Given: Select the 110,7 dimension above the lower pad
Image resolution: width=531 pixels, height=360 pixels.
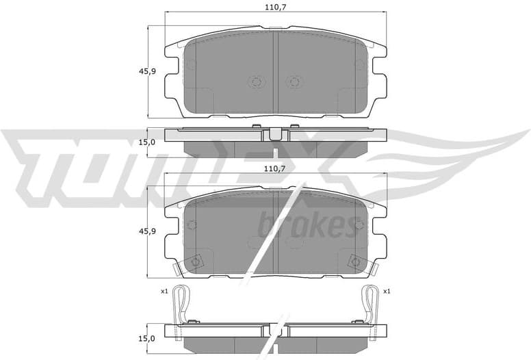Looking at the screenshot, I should coord(274,168).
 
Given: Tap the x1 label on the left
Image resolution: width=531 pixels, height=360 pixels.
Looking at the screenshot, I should coord(164,292).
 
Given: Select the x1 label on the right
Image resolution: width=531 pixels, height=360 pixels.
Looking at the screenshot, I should coord(387,292).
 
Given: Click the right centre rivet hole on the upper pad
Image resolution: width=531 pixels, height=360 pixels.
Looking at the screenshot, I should coord(294,82).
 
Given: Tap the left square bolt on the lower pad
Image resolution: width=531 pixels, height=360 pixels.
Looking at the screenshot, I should coord(196,261).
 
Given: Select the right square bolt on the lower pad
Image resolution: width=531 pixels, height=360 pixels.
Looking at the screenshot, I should coord(356,261).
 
